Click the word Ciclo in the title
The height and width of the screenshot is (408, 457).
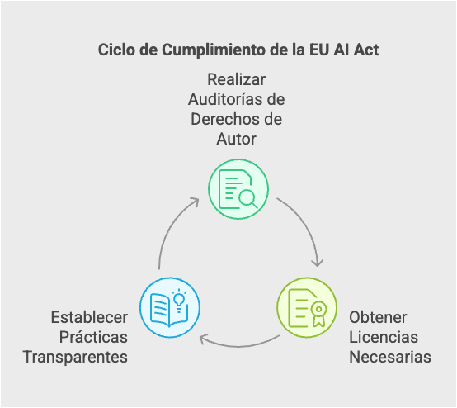116,50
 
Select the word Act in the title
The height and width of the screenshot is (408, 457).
366,50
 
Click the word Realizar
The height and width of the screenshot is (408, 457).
237,79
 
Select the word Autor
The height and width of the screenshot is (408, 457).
237,139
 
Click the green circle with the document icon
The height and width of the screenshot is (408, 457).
238,189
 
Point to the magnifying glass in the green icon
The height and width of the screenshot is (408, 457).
248,199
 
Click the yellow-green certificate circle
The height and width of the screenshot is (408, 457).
307,307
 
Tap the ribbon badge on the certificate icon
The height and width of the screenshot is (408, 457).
319,313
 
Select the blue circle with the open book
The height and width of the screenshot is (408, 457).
170,307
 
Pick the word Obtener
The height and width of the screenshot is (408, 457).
378,317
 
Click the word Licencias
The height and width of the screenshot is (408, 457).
384,337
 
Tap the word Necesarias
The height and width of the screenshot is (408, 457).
390,358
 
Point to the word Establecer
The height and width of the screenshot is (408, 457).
89,317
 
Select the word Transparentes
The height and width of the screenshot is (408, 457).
75,358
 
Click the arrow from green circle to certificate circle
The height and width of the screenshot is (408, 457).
304,224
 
